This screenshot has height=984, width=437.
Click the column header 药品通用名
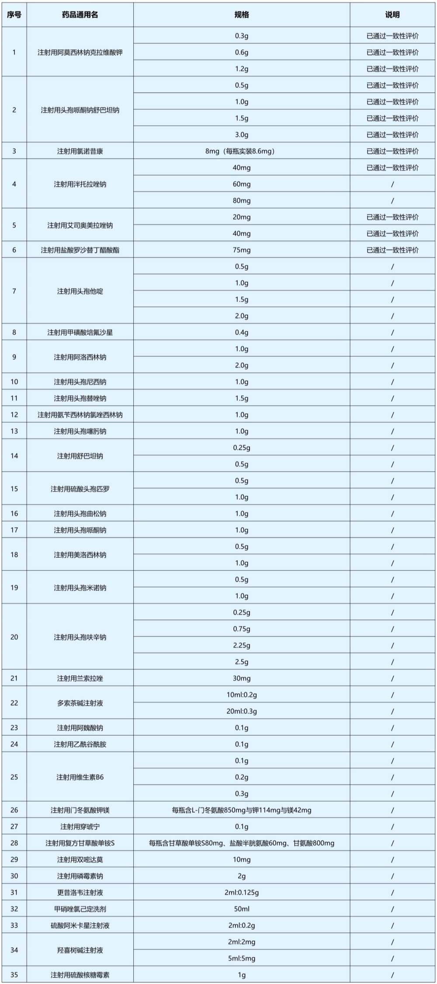point(80,15)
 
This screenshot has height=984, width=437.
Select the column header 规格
point(242,15)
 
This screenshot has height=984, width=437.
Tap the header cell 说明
point(392,15)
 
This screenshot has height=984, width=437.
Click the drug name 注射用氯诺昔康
point(80,151)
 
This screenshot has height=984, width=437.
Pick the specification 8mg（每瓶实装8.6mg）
point(242,151)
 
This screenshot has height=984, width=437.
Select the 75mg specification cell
point(242,250)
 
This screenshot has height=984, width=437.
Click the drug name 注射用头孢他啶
point(80,291)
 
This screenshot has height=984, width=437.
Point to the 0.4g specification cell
point(242,332)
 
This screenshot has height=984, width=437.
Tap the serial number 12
point(14,415)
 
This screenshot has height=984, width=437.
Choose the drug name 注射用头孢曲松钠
point(80,514)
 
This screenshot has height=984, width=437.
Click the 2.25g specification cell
point(242,645)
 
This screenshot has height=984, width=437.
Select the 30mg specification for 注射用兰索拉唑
point(242,678)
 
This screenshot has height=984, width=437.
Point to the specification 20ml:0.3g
point(242,711)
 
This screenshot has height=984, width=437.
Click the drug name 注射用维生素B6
point(80,777)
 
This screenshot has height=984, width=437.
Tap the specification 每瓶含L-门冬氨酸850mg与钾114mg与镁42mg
point(242,810)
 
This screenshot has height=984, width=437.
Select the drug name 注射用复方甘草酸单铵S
point(80,843)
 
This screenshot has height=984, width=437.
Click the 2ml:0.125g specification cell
point(242,893)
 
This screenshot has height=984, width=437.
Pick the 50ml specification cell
point(242,909)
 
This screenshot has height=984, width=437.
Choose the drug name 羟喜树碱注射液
point(80,950)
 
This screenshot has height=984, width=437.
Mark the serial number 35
point(14,975)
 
